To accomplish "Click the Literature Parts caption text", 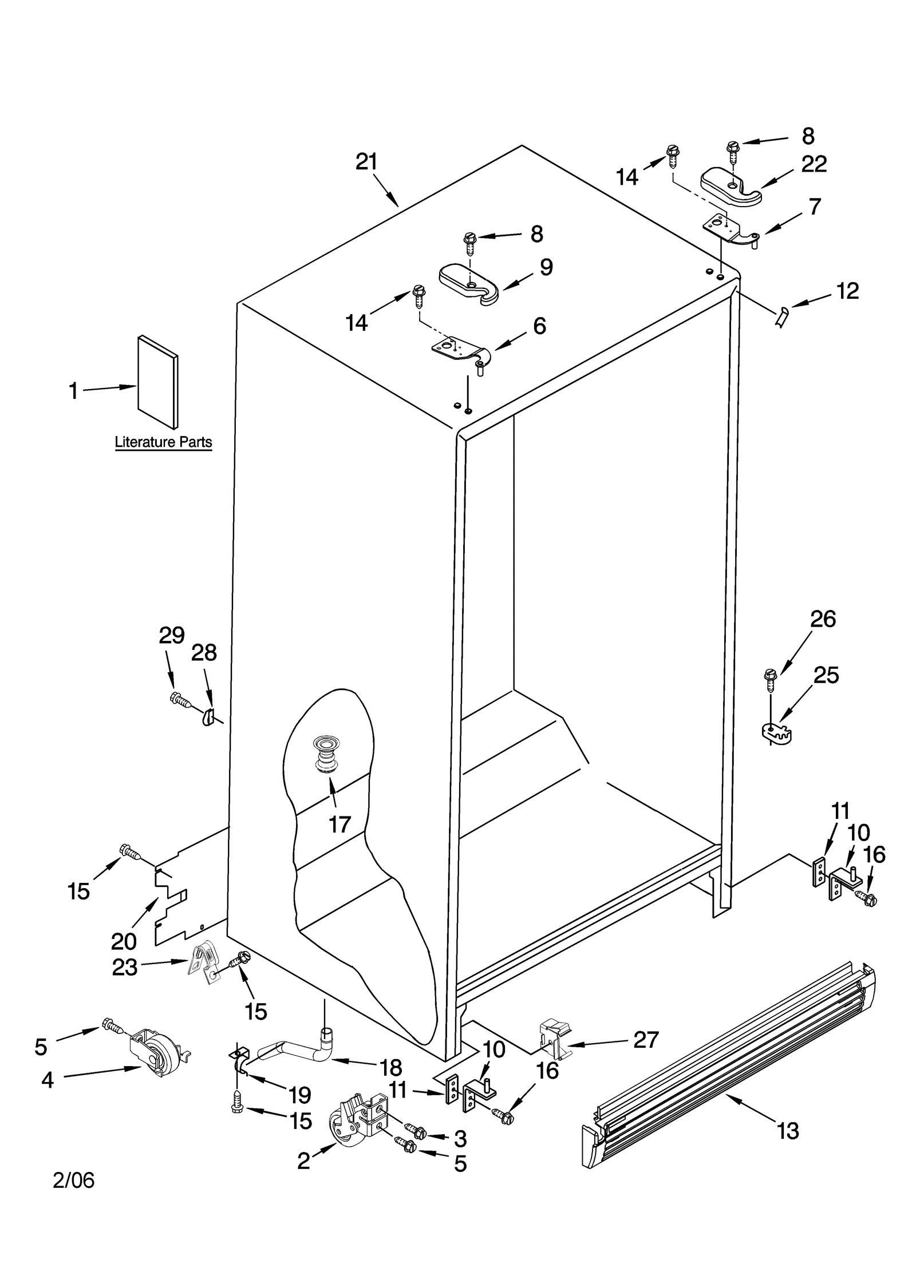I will (163, 442).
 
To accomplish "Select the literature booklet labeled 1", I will (157, 382).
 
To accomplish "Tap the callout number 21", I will (366, 162).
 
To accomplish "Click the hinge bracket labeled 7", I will (727, 228).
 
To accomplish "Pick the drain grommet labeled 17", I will (325, 755).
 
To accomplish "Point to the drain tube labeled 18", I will (298, 1049).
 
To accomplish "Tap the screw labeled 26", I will (771, 681).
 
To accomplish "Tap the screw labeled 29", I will (180, 699).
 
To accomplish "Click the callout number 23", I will (125, 967).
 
